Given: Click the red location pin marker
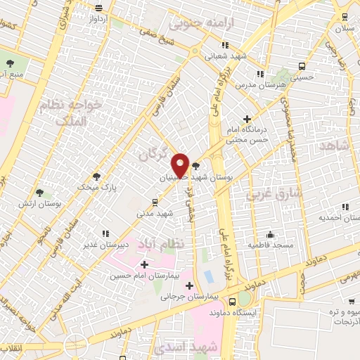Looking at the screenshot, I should pos(180,165).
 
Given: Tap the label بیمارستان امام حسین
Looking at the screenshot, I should pos(139,276).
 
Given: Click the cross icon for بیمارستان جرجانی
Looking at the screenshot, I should pos(189,285).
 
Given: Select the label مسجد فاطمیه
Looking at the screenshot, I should pos(270,245).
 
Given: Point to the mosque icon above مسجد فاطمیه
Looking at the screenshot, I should pos(270,234).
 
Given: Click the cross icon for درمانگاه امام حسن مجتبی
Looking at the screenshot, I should pos(246,119).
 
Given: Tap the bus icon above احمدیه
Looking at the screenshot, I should pos(345,207).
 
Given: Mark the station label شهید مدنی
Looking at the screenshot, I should pos(155,212).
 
